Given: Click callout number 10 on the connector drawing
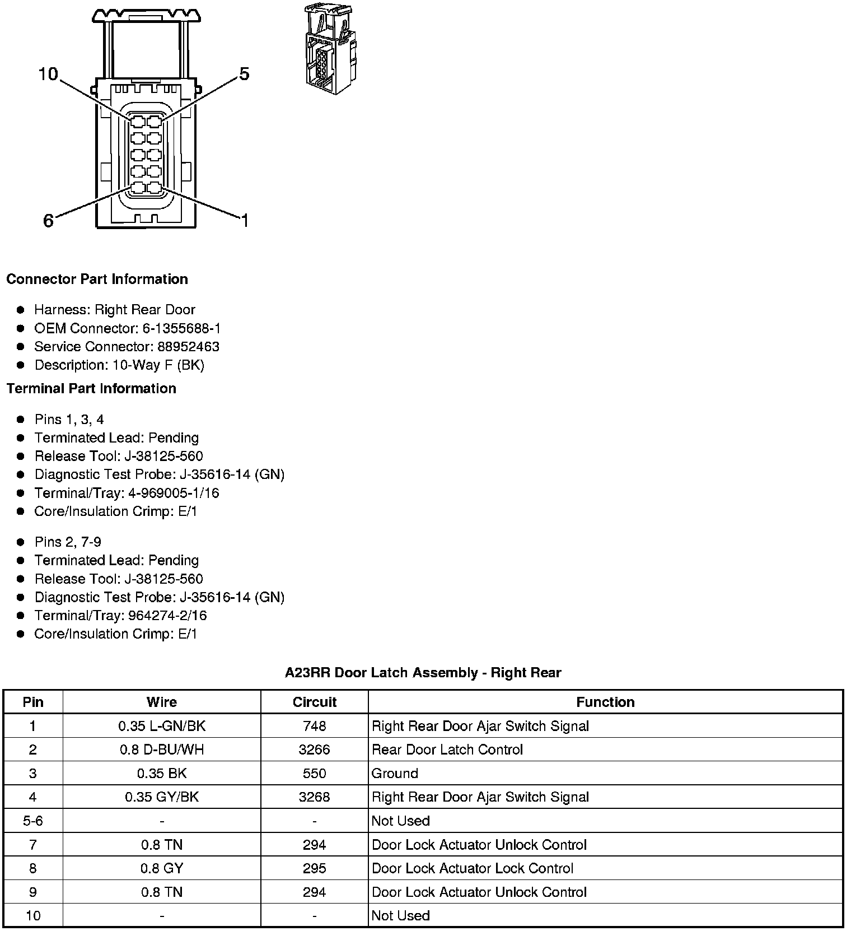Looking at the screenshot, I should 48,74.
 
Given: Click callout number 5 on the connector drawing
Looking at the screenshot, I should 244,74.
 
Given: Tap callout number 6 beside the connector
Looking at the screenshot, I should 48,221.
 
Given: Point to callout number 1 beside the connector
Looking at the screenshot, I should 244,221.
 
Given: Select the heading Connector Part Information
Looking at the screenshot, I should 97,279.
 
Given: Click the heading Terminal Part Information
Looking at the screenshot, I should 91,388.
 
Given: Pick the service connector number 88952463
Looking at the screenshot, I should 188,347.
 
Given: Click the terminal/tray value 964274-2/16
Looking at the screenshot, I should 167,616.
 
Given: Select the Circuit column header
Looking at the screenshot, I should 315,702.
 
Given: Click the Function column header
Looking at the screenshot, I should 605,702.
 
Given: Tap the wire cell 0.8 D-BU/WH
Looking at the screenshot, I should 162,750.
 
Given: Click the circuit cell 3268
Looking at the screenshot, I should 315,797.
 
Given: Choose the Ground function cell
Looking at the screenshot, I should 395,773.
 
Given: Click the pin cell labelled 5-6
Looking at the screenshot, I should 33,821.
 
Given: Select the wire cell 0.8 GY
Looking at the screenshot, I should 162,868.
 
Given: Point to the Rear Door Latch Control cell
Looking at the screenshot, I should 447,750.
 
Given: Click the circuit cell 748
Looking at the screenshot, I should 315,726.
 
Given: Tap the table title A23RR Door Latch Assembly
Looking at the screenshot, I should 423,673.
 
